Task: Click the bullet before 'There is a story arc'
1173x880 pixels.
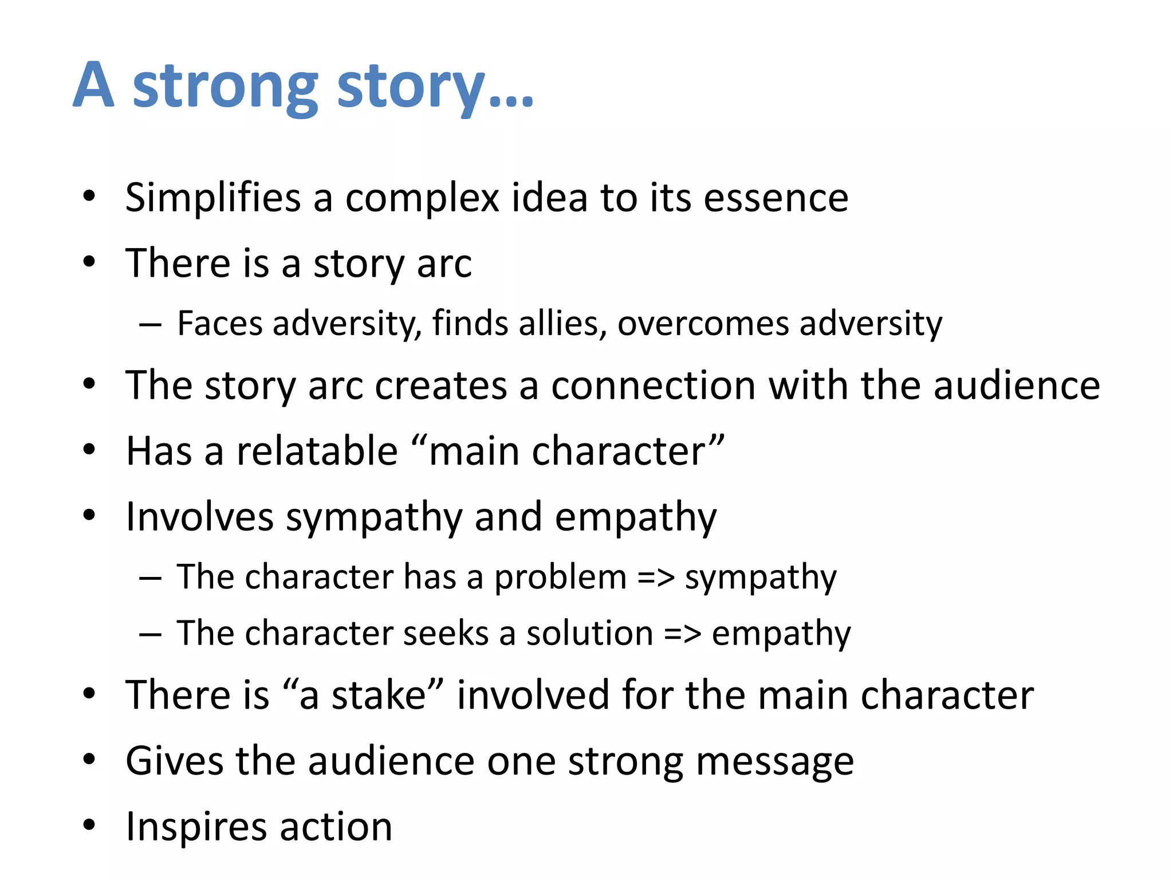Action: [89, 262]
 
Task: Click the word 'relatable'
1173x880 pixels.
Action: [317, 451]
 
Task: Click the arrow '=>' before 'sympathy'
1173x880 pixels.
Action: [656, 577]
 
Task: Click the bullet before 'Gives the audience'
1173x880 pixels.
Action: [89, 760]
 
